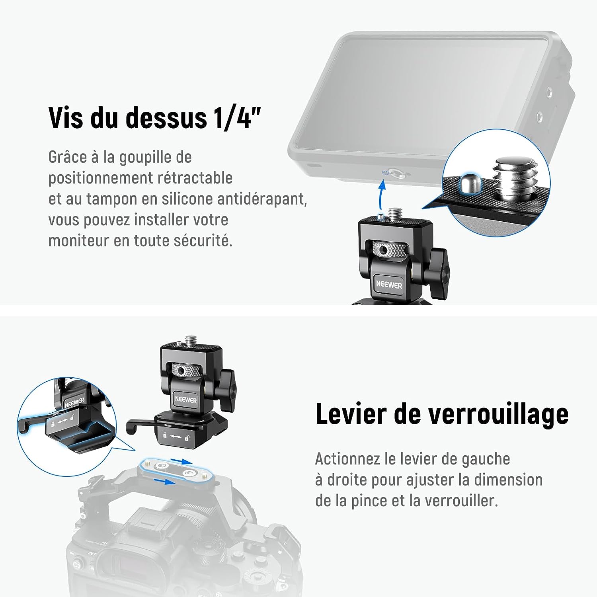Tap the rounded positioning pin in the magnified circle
[x=470, y=183]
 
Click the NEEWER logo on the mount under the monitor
[x=389, y=285]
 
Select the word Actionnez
[x=347, y=459]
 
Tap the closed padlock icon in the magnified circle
[x=52, y=424]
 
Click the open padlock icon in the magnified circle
[x=73, y=417]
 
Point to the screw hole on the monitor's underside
[x=396, y=173]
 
